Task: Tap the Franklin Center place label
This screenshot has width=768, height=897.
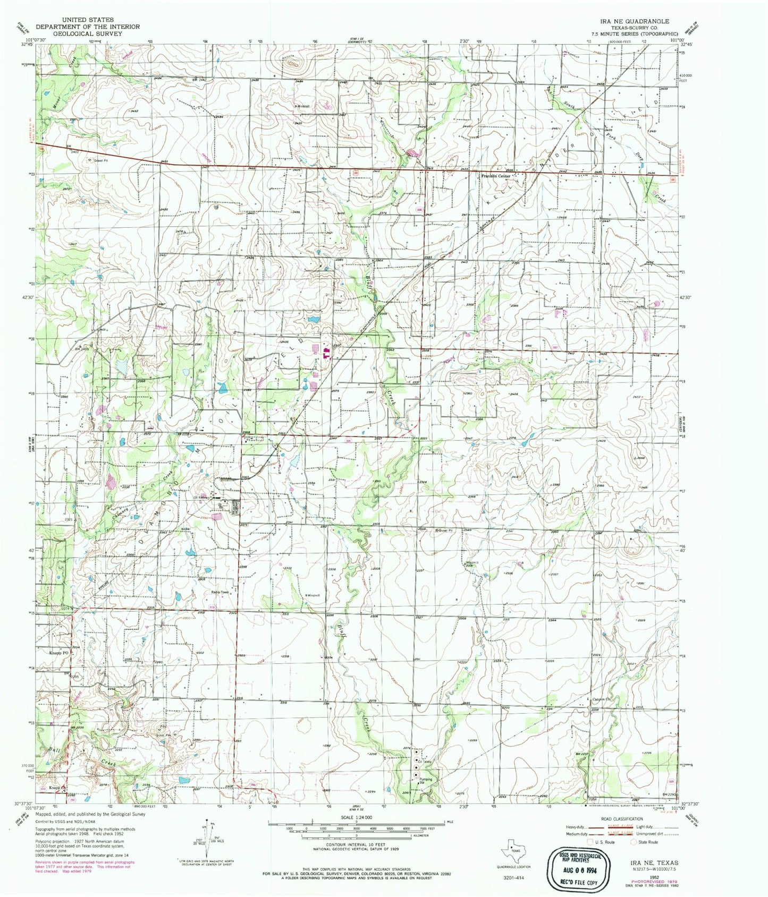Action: coord(495,176)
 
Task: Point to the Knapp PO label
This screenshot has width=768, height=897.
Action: coord(59,653)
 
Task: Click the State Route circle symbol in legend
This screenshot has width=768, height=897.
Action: coord(634,842)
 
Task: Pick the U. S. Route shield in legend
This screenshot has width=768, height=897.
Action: coord(589,842)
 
